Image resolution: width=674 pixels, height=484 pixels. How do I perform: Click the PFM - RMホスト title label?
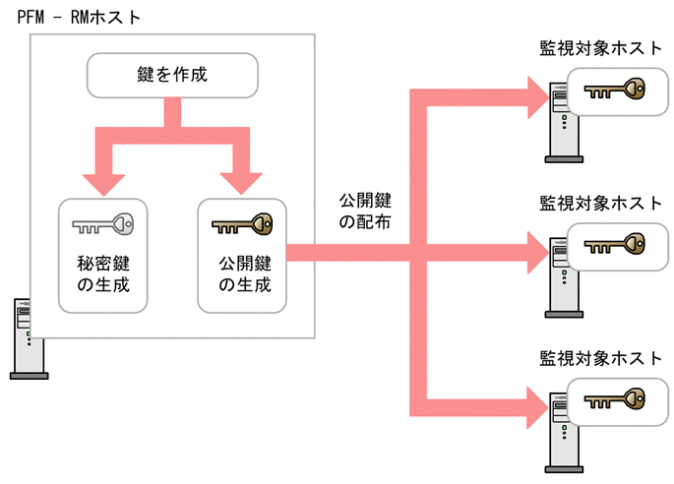(x=73, y=17)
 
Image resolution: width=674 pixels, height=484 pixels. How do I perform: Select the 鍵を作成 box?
(x=173, y=75)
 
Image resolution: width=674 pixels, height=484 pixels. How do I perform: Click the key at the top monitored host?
(x=613, y=91)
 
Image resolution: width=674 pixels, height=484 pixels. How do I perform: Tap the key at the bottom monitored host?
(x=613, y=400)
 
